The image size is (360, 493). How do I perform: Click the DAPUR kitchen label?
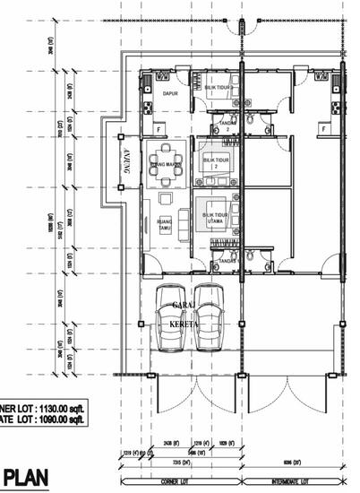[x=167, y=93]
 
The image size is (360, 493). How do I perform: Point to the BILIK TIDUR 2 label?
[x=215, y=162]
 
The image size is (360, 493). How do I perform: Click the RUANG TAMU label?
[x=164, y=226]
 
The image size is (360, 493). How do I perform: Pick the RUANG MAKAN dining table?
[x=166, y=163]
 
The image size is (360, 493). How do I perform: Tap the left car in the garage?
[x=171, y=318]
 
